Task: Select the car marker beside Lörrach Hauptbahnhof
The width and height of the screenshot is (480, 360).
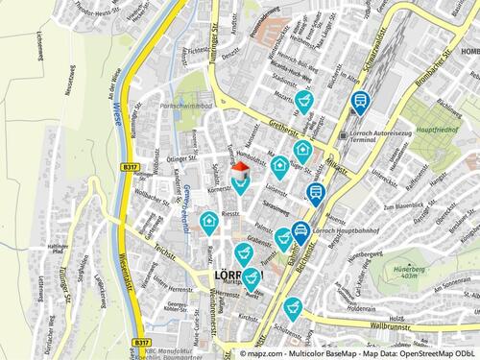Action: tap(300, 229)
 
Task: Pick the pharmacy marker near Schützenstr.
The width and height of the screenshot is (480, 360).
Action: tap(293, 307)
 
